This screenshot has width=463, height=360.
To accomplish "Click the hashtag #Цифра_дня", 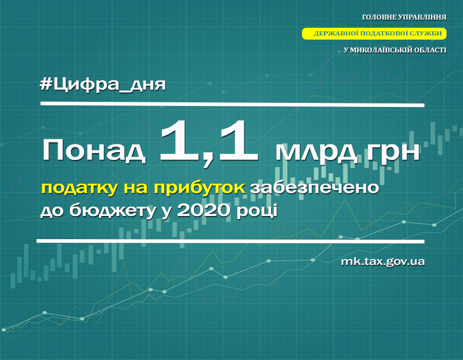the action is click(103, 85).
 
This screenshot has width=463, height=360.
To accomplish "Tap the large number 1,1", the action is click(209, 142).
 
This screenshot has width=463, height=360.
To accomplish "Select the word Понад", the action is click(94, 151).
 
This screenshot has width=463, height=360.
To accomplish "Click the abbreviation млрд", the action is click(316, 153).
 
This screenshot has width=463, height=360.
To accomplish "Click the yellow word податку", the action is click(79, 188).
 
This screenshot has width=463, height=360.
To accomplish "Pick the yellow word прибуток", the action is click(199, 188).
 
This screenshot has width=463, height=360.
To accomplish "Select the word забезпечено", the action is click(314, 188).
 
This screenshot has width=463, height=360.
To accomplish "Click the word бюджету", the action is click(113, 211).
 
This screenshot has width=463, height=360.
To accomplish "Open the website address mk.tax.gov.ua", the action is click(383, 261).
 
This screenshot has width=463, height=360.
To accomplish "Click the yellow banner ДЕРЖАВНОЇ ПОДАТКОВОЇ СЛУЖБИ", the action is click(374, 33).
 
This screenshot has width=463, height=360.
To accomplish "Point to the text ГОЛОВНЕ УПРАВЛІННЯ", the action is click(404, 17).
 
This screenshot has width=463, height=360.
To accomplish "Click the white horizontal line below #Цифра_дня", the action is click(233, 104).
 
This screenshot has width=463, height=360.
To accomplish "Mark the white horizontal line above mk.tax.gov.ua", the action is click(230, 241).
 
